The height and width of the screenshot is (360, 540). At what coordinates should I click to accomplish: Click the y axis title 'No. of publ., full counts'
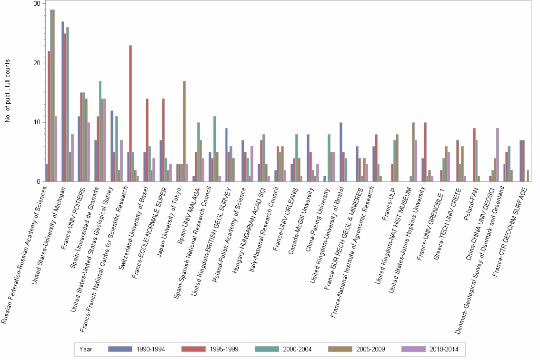tap(8, 90)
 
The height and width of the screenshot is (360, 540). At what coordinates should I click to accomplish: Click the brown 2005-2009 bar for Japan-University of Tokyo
tap(184, 131)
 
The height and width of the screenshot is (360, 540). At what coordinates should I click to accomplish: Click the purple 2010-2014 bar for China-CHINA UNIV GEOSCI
tap(498, 155)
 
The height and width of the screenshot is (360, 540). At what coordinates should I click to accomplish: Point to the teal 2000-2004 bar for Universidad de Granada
tap(99, 131)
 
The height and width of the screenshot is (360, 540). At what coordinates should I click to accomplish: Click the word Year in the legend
tap(86, 349)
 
